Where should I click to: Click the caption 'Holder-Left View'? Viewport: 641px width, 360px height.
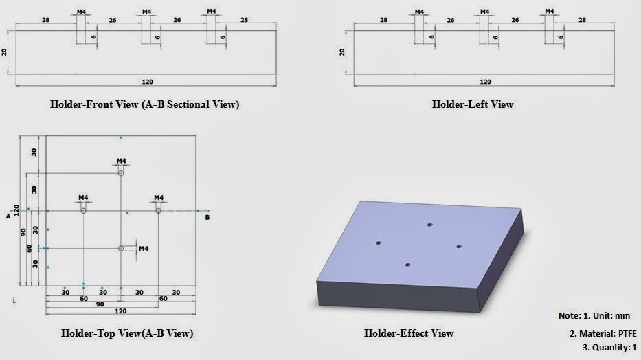pos(472,104)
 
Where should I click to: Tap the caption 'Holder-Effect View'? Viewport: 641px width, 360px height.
pos(408,333)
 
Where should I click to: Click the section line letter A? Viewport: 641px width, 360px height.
pos(8,216)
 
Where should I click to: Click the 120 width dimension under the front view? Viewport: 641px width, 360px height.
pos(147,82)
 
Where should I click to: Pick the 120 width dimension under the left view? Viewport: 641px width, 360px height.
pos(485,82)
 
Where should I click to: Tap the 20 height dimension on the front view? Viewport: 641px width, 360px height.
pos(5,52)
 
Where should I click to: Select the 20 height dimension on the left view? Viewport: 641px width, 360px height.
pos(342,52)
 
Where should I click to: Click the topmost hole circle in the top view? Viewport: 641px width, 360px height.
pos(121,174)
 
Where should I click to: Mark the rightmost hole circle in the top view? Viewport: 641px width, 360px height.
pos(158,211)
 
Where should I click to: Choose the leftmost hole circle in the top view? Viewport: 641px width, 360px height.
pos(84,211)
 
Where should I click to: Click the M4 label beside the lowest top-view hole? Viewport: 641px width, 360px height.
pos(144,248)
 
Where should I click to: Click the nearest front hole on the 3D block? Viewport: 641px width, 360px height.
pos(407,264)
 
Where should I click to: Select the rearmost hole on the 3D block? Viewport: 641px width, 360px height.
pos(429,225)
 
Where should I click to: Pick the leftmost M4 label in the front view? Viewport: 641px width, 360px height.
pos(81,12)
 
